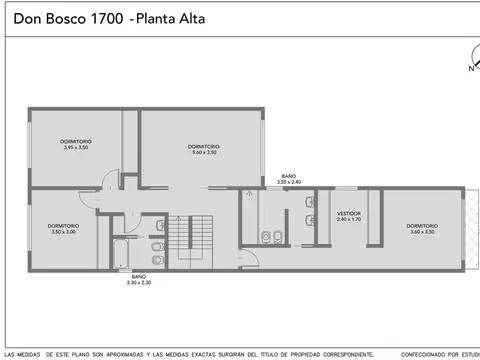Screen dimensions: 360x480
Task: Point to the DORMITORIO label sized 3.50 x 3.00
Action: coord(62,228)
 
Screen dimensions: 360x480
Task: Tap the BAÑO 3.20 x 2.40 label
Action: coord(289,179)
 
